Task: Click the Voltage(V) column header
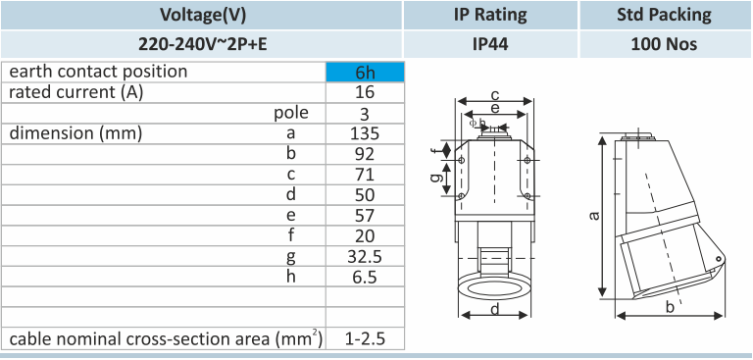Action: (202, 15)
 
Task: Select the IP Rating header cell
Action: (490, 15)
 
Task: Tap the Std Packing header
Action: (664, 15)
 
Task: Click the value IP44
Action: (490, 44)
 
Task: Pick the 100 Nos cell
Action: (664, 44)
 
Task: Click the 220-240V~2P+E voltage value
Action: (203, 44)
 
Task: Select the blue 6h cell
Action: (365, 72)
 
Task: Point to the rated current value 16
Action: (365, 92)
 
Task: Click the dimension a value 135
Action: (365, 133)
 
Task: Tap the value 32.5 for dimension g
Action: (365, 257)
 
